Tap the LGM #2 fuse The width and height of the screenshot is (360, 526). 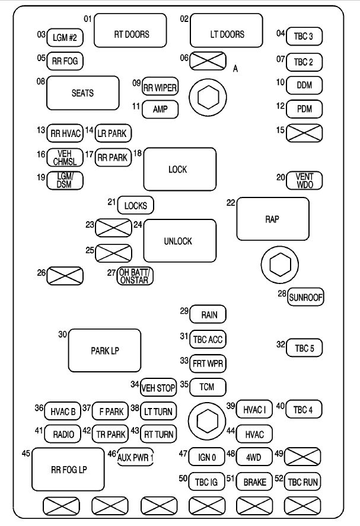click(65, 37)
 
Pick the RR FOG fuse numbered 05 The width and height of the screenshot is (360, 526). click(65, 61)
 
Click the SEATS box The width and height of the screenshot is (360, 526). click(82, 93)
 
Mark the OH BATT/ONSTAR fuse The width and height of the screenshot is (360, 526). click(135, 276)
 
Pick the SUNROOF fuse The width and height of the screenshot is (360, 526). click(306, 298)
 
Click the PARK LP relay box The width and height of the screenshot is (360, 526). click(105, 350)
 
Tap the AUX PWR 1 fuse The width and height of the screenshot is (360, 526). click(135, 457)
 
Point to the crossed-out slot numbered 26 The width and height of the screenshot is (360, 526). click(65, 276)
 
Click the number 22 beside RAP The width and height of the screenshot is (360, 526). click(231, 203)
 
